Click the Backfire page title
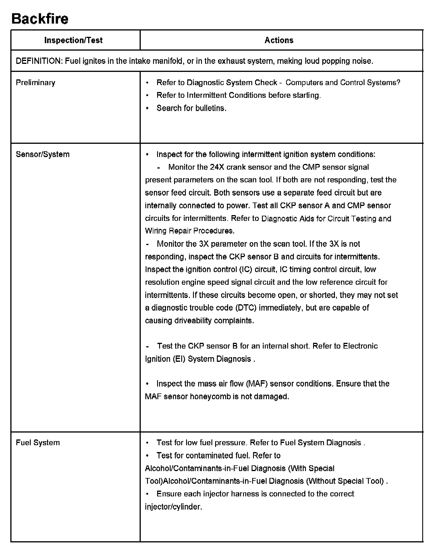point(40,19)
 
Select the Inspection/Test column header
point(74,40)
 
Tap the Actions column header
point(279,40)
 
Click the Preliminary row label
point(35,83)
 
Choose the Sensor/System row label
point(43,154)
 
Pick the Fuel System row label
point(38,443)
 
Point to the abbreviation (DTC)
point(246,308)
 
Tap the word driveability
point(193,321)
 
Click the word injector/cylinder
point(173,507)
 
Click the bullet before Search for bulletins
point(147,108)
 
